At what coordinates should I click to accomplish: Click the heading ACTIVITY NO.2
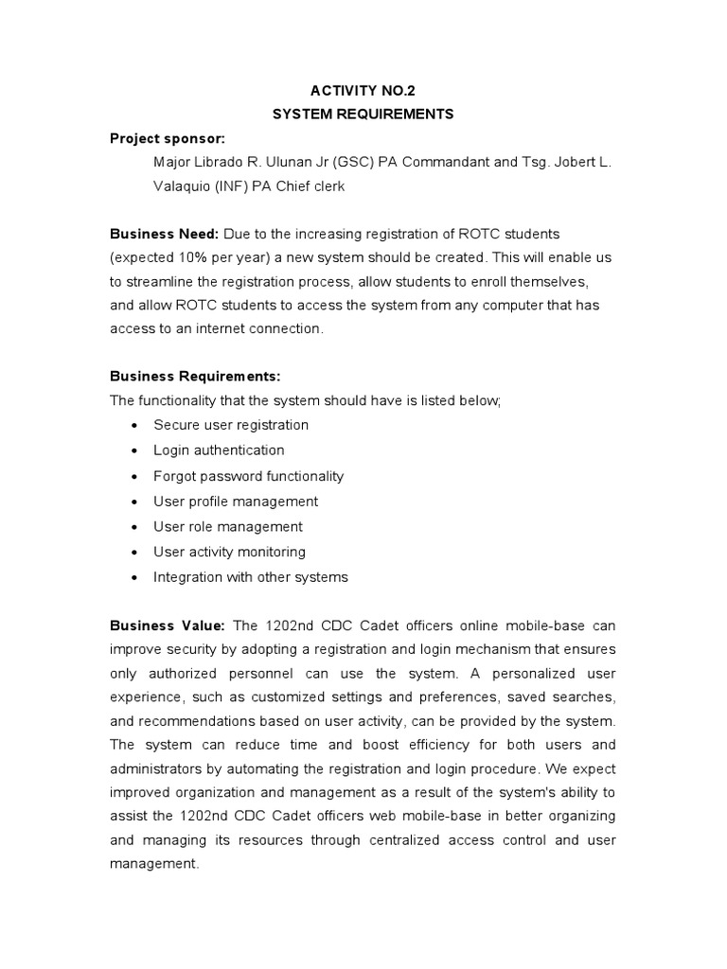[x=363, y=91]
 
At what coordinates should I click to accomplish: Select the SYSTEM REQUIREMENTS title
[x=363, y=115]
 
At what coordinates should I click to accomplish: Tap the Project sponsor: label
[x=168, y=138]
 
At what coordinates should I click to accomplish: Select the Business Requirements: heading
[x=195, y=377]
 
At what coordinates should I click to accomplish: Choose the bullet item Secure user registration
[x=231, y=425]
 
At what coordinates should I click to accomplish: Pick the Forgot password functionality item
[x=248, y=476]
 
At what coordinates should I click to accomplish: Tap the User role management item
[x=228, y=526]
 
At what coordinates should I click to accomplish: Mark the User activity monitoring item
[x=229, y=552]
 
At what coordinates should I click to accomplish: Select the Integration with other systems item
[x=251, y=576]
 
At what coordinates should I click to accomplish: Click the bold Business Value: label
[x=168, y=625]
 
